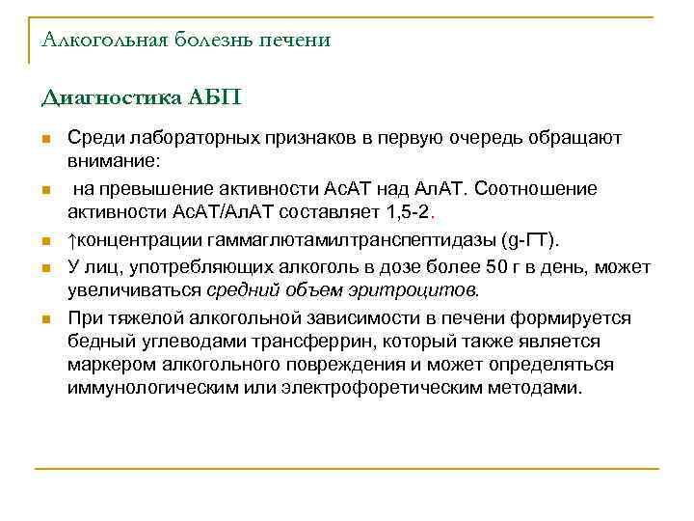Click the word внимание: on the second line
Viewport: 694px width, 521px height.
tap(112, 160)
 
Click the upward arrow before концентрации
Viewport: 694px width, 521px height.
tap(72, 239)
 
